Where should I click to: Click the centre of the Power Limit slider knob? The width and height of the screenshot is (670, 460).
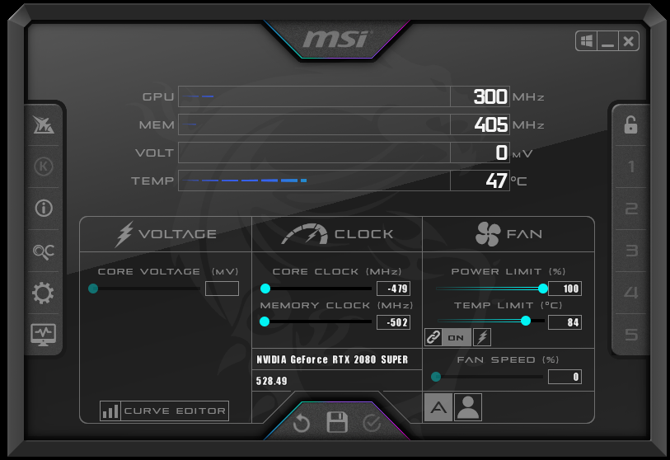click(542, 289)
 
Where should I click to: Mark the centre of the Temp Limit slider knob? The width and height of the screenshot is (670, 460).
click(526, 321)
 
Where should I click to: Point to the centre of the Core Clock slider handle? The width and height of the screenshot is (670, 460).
click(265, 289)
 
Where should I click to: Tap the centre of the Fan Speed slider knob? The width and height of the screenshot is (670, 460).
click(436, 377)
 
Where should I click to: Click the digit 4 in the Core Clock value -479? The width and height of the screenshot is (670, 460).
click(395, 289)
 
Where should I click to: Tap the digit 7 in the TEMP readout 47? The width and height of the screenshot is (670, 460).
click(502, 181)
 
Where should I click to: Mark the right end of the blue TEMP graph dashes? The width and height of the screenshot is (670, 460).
click(307, 181)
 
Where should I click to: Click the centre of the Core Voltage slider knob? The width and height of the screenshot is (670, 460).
click(93, 289)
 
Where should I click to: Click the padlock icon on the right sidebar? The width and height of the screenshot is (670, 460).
click(630, 124)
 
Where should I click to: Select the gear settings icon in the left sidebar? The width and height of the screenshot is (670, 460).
click(43, 293)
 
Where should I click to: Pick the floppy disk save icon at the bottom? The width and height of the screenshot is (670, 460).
click(337, 422)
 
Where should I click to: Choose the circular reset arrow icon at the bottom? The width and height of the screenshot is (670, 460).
click(302, 423)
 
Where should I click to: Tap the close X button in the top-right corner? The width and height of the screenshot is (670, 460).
click(629, 41)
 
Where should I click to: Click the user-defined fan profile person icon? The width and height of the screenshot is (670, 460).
click(468, 407)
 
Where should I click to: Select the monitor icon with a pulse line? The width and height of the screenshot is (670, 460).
click(43, 335)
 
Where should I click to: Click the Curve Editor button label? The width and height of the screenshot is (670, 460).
click(175, 411)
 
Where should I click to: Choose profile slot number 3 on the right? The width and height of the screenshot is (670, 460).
click(631, 251)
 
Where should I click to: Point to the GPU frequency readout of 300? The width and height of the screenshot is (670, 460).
click(490, 96)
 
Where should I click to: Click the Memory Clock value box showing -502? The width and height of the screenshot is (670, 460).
click(394, 322)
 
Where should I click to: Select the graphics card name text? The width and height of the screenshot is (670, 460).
click(332, 359)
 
